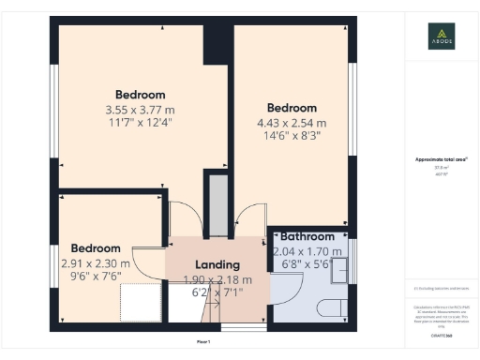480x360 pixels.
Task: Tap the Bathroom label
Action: pyautogui.click(x=307, y=237)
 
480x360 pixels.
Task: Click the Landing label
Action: pyautogui.click(x=217, y=265)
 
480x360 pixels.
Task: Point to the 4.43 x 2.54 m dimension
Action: pyautogui.click(x=292, y=123)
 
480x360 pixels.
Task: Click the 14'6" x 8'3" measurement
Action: pyautogui.click(x=292, y=137)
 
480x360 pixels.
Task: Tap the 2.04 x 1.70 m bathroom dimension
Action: pyautogui.click(x=307, y=251)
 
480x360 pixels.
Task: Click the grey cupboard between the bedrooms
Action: pyautogui.click(x=218, y=204)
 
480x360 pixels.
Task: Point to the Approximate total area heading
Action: pyautogui.click(x=442, y=160)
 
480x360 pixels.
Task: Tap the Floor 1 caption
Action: pyautogui.click(x=202, y=341)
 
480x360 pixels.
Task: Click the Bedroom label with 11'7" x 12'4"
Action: pyautogui.click(x=140, y=95)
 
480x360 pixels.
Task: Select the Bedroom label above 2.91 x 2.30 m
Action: pyautogui.click(x=97, y=249)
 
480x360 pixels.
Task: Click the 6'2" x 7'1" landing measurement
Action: pyautogui.click(x=217, y=292)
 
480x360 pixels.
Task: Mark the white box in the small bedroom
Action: pyautogui.click(x=141, y=301)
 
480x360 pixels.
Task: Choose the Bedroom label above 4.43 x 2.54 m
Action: pyautogui.click(x=292, y=108)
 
